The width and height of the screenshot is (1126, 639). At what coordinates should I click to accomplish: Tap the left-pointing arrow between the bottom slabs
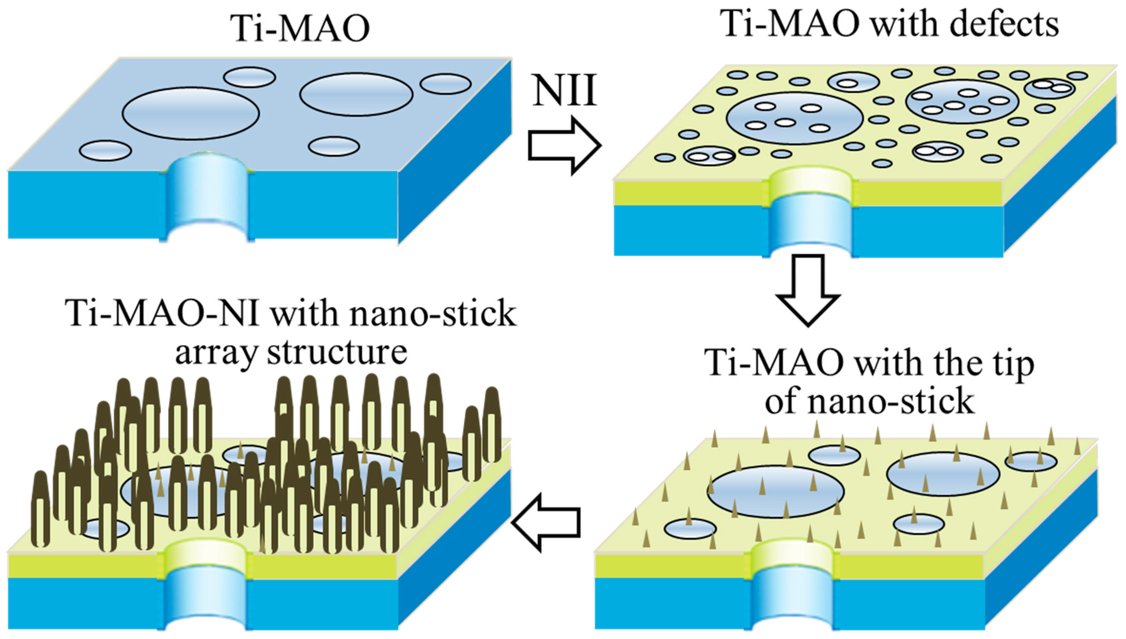pyautogui.click(x=546, y=522)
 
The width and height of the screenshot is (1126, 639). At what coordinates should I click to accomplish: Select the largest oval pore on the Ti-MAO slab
pyautogui.click(x=191, y=114)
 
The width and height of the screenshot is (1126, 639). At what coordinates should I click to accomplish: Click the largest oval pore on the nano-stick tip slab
pyautogui.click(x=776, y=491)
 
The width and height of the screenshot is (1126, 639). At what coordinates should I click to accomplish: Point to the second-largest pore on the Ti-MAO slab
pyautogui.click(x=356, y=94)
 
